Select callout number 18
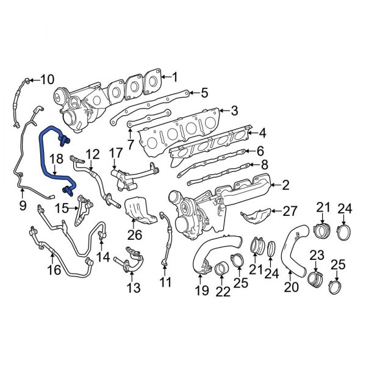click(x=56, y=159)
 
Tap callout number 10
click(x=47, y=79)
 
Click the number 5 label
click(x=204, y=93)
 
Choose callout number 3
click(x=234, y=111)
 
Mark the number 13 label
click(x=133, y=287)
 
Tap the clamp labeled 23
click(x=315, y=278)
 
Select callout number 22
click(x=223, y=292)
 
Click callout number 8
click(x=264, y=165)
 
